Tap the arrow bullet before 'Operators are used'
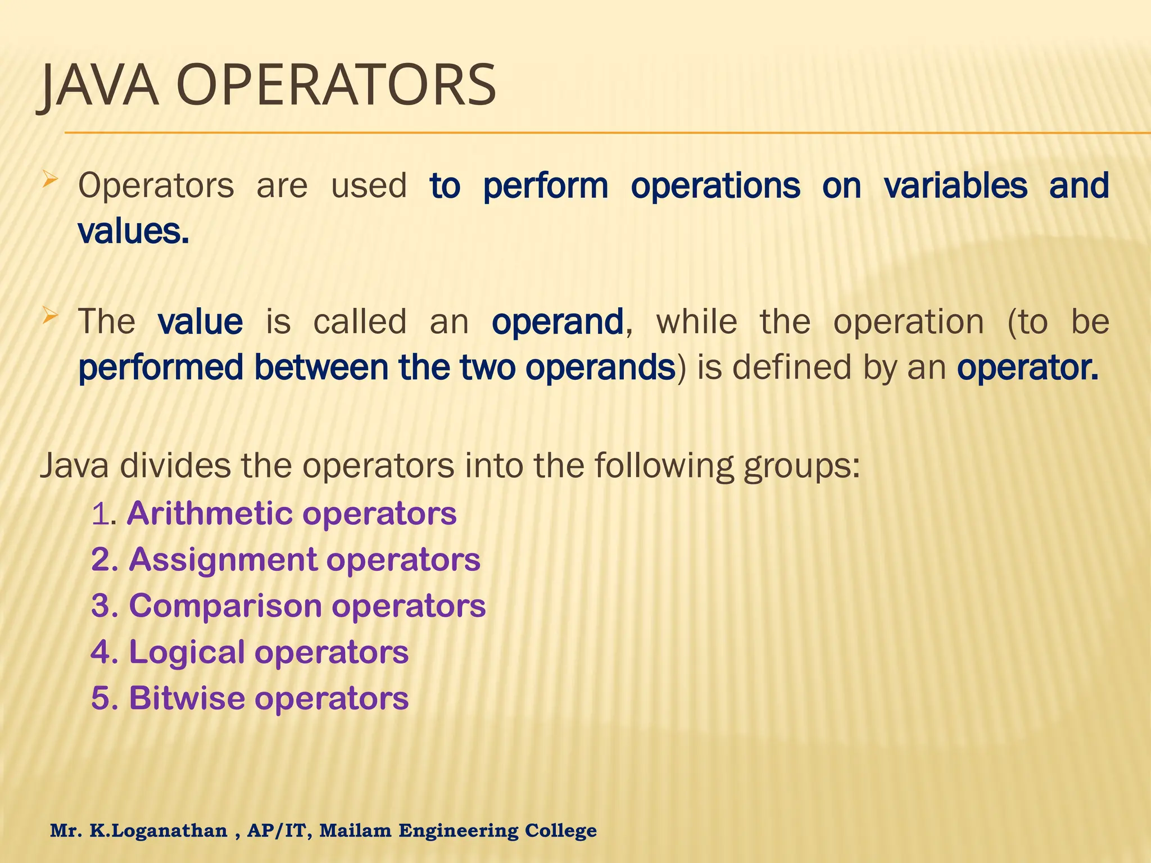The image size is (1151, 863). point(51,180)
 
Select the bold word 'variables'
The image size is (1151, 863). point(955,186)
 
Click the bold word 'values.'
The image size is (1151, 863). point(133,231)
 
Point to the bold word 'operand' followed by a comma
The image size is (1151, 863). point(558,322)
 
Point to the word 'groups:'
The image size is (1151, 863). point(801,466)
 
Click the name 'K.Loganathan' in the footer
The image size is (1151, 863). point(158,830)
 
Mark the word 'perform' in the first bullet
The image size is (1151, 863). point(545,186)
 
